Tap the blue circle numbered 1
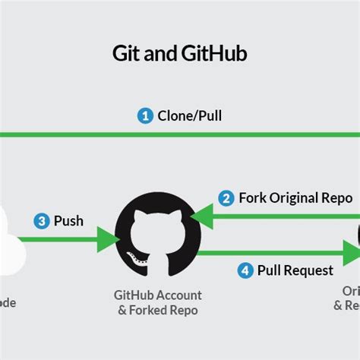click(x=144, y=116)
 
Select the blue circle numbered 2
click(x=226, y=198)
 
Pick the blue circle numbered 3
click(x=43, y=222)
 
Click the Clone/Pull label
click(x=190, y=116)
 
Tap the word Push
click(x=69, y=222)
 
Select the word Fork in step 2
click(x=253, y=198)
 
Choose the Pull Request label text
click(x=295, y=270)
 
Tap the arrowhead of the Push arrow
click(x=111, y=240)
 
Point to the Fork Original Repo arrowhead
click(x=199, y=219)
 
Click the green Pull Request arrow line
click(x=273, y=252)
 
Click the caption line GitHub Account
click(x=158, y=295)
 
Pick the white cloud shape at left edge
click(x=9, y=239)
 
